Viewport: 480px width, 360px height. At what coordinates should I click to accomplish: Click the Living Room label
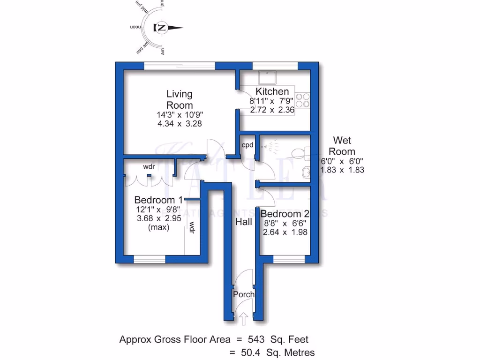(180, 99)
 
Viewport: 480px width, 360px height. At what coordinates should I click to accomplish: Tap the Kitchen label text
(272, 91)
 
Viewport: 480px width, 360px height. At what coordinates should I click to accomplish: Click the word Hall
(244, 222)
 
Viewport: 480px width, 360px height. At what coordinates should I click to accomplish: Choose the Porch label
(244, 294)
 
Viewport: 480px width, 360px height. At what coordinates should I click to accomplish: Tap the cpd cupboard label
(247, 145)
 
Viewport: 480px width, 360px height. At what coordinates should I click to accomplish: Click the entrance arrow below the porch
(244, 320)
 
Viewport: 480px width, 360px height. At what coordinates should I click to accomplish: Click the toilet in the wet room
(299, 152)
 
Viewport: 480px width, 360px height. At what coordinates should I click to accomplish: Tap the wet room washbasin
(306, 172)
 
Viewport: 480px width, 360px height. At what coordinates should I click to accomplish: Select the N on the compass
(162, 27)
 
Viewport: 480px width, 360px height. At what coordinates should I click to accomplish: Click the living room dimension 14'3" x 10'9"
(180, 114)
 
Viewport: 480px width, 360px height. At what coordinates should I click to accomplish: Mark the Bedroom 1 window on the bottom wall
(150, 259)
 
